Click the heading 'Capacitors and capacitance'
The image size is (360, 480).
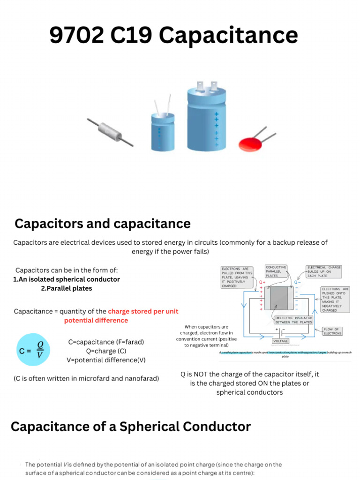103,224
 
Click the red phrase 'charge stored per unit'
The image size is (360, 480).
143,311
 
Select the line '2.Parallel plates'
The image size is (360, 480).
67,288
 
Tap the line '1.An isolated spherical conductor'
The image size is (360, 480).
67,279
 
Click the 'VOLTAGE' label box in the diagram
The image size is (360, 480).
281,341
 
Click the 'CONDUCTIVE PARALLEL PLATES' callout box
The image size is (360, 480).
276,271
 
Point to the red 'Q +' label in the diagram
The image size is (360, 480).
262,282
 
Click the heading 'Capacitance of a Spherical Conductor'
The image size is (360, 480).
131,427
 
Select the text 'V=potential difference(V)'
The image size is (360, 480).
106,360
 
